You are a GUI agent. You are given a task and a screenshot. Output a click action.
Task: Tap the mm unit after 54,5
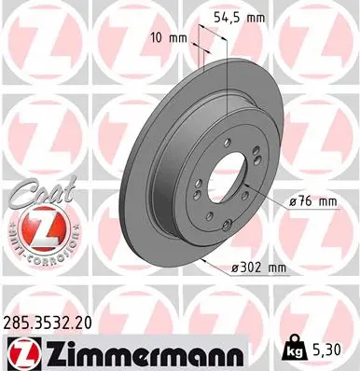(x=276, y=17)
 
